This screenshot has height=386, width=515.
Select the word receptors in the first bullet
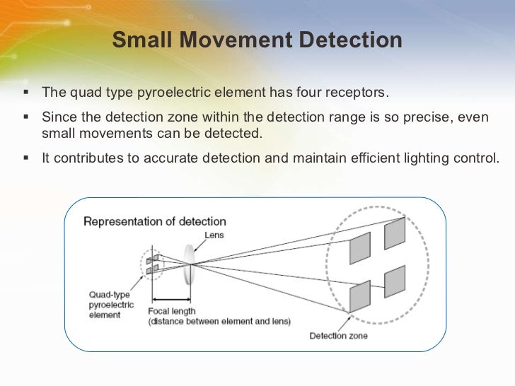click(x=357, y=93)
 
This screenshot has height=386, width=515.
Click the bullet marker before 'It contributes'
click(x=26, y=158)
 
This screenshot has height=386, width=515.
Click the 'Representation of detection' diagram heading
click(x=155, y=221)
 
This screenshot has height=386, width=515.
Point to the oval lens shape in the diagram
click(x=189, y=264)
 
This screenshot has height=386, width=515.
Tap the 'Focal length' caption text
click(x=171, y=311)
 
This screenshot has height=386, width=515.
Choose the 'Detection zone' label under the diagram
click(x=338, y=336)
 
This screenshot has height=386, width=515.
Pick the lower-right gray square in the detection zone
click(x=395, y=282)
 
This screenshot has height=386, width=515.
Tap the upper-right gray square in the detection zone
click(x=395, y=233)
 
